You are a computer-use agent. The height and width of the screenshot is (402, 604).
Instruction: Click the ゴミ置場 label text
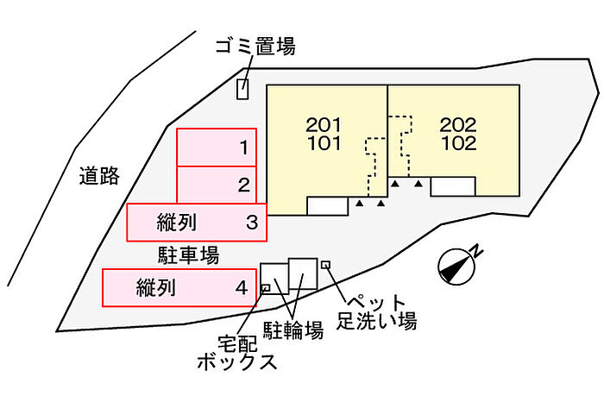point(255,47)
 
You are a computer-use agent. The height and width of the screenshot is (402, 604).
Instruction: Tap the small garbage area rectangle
point(242,90)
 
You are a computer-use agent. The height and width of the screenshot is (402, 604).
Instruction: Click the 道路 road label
point(99,176)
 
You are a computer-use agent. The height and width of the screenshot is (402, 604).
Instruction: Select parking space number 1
point(217,148)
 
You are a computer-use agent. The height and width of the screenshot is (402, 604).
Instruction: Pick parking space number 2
point(217,185)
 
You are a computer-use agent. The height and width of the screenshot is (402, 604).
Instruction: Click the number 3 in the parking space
point(252,223)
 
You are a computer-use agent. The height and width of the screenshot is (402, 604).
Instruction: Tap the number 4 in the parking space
point(242,287)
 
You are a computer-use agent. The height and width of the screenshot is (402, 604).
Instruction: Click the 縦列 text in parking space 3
point(177,223)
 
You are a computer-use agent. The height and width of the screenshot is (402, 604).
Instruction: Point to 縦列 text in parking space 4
point(156,287)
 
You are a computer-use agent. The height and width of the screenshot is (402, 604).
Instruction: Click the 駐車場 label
point(189,254)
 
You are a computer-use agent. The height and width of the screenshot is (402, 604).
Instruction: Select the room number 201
point(324,125)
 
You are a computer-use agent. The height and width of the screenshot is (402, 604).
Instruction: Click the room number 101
point(324,143)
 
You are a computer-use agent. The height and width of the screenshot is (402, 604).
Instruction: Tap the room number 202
point(458,125)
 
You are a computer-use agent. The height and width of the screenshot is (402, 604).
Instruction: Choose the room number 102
point(458,143)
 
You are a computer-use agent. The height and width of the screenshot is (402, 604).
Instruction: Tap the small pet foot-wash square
point(326,265)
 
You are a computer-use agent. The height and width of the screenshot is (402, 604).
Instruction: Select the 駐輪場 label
point(293,330)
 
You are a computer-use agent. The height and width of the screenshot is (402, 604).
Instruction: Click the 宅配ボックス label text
point(237,352)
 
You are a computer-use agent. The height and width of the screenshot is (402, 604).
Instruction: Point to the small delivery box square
point(266,287)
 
